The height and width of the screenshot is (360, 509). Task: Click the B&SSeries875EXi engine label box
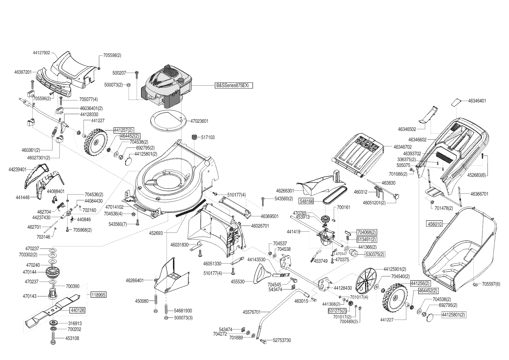(x=234, y=85)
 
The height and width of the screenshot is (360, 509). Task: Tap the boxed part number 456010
(x=435, y=224)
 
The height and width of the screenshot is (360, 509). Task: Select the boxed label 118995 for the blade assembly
(x=98, y=295)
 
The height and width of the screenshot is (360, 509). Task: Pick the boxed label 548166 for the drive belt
(x=306, y=201)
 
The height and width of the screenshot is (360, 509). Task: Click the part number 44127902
(x=41, y=53)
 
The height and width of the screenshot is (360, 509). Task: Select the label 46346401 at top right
(x=477, y=101)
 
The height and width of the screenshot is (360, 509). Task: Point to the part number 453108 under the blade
(x=72, y=338)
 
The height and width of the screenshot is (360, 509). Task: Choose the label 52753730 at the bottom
(x=282, y=340)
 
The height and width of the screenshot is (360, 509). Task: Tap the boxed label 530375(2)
(x=375, y=254)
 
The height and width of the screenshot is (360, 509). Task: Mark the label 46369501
(x=269, y=216)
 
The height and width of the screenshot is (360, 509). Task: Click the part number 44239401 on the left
(x=18, y=169)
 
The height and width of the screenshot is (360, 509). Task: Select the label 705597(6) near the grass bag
(x=491, y=284)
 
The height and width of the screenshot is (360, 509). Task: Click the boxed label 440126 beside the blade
(x=77, y=310)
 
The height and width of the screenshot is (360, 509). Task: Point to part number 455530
(x=237, y=282)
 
